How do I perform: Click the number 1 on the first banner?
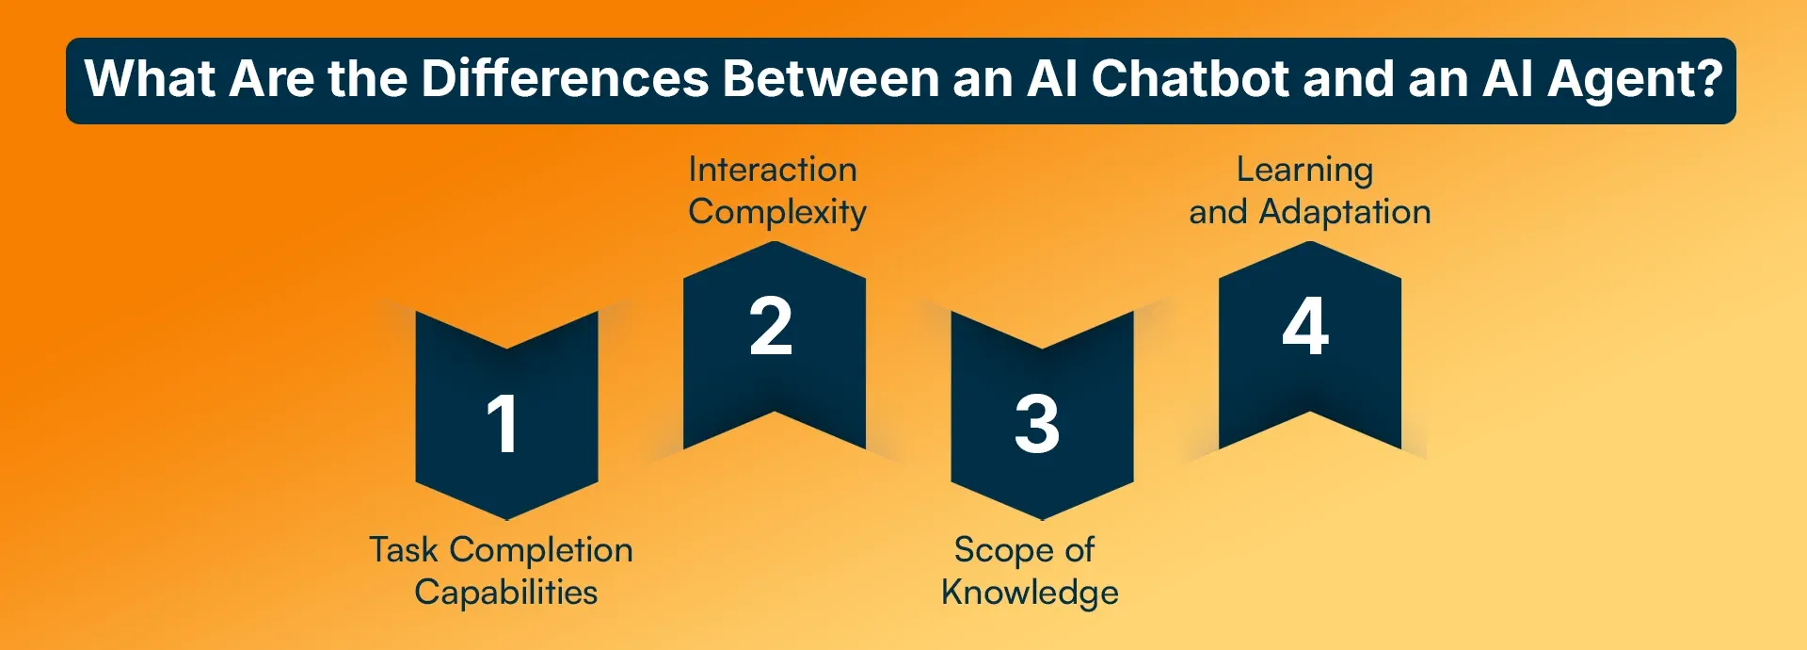tap(503, 424)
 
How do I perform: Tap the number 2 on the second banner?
tap(771, 326)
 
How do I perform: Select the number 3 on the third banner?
tap(1037, 424)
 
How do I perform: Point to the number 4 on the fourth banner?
tap(1306, 326)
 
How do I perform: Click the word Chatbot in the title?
tap(1190, 78)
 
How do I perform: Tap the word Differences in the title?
tap(565, 78)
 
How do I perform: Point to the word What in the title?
tap(150, 78)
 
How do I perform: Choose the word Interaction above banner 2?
tap(773, 170)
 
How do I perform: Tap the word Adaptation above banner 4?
tap(1345, 213)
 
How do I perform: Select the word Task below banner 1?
tap(403, 549)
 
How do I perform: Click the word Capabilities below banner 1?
tap(506, 593)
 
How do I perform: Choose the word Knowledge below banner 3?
tap(1031, 593)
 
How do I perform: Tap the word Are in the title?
tap(271, 78)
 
